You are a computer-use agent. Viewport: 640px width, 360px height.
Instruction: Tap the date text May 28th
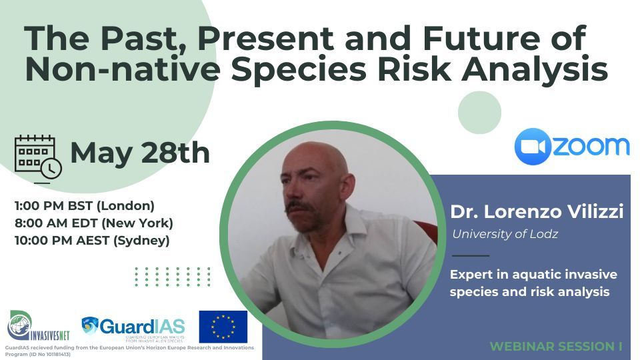(140, 152)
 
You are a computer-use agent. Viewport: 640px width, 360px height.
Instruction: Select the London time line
(85, 206)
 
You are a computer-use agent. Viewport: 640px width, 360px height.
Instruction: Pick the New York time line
(94, 223)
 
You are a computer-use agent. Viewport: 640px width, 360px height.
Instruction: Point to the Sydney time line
(92, 241)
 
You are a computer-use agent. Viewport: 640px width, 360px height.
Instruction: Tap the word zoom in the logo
(591, 147)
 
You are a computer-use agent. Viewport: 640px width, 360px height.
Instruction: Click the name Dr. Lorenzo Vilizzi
(537, 212)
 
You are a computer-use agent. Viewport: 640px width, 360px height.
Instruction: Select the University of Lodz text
(505, 234)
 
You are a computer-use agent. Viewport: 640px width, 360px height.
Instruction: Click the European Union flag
(223, 327)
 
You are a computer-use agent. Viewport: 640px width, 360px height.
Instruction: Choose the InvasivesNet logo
(38, 326)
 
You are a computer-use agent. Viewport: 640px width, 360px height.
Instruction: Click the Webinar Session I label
(556, 347)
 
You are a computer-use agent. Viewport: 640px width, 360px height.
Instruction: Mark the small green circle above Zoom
(479, 113)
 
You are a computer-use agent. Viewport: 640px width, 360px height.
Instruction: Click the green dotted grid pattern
(173, 277)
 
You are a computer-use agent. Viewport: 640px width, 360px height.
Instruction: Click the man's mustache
(301, 207)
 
